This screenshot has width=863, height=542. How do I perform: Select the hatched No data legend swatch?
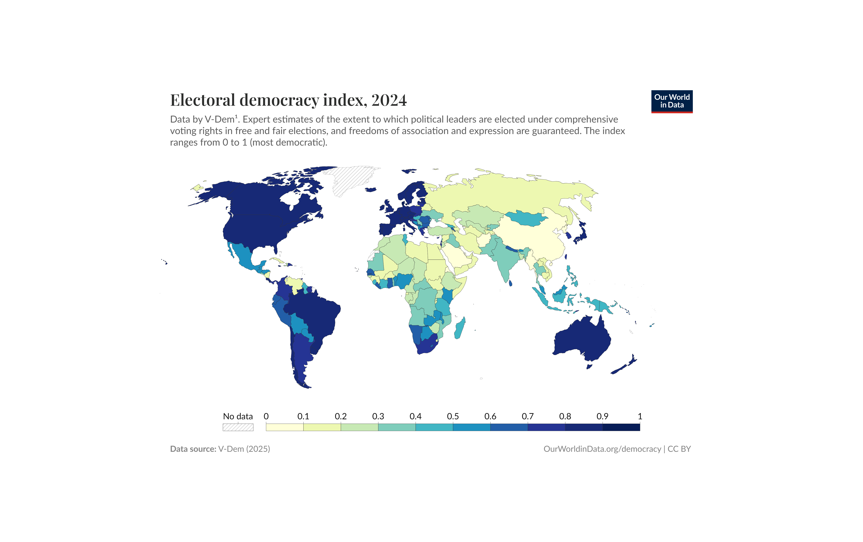[x=238, y=427]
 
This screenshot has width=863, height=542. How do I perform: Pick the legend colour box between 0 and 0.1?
[x=285, y=427]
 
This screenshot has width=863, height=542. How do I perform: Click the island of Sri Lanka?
[x=510, y=283]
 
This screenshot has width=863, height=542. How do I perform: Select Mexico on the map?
[x=244, y=256]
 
